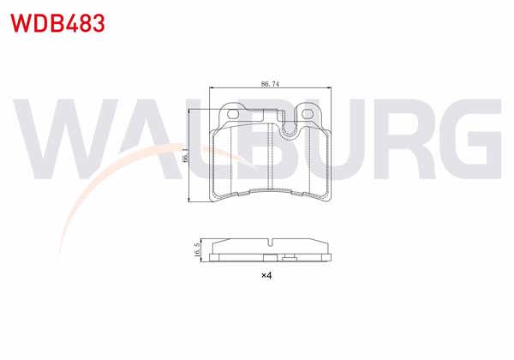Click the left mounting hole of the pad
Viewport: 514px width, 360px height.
[x=230, y=113]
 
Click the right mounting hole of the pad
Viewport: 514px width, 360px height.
[x=308, y=115]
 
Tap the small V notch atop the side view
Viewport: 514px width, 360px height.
[x=269, y=240]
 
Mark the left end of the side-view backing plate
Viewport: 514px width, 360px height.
[x=211, y=255]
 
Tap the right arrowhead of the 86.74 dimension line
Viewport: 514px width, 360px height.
[x=330, y=89]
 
